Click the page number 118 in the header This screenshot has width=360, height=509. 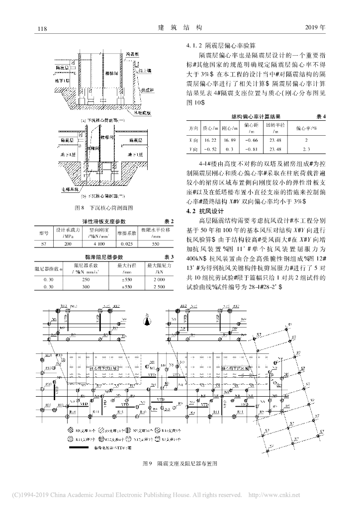point(42,28)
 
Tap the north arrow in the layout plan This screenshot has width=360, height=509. point(147,321)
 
